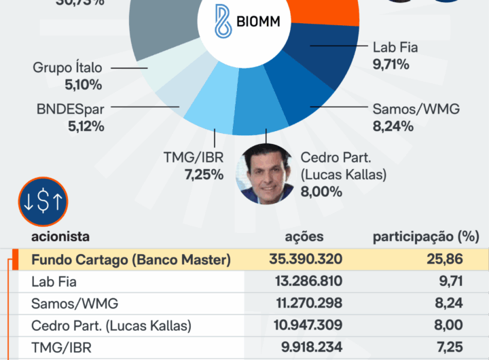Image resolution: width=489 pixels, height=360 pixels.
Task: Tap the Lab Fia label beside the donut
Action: point(395,48)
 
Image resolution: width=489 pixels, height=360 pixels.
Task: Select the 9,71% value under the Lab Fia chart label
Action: point(391,65)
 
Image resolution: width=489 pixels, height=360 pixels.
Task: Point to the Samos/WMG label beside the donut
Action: point(416,109)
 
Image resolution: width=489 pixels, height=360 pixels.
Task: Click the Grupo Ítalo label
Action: point(67,68)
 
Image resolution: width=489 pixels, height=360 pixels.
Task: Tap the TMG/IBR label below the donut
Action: point(193,158)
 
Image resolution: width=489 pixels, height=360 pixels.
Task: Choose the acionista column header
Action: point(60,237)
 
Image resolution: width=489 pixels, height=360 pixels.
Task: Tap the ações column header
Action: point(304,237)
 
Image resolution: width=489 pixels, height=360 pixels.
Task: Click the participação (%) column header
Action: point(426,237)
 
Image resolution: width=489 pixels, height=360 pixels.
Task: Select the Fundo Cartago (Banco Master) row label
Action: point(131,259)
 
